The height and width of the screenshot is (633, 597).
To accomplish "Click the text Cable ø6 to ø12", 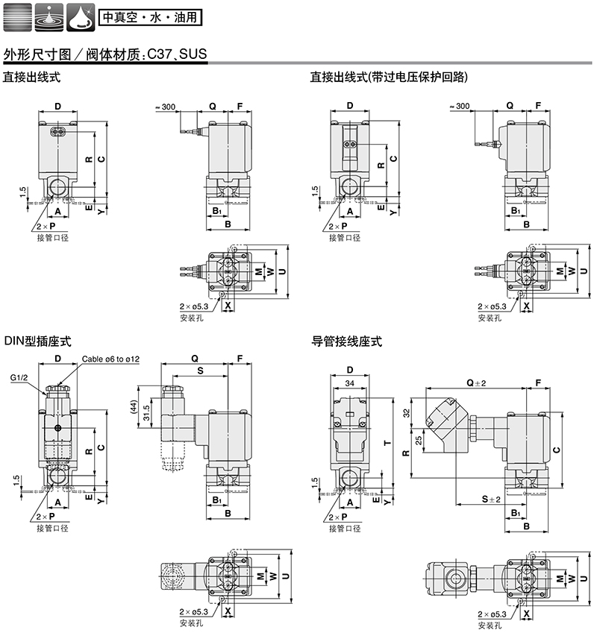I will tap(111, 359).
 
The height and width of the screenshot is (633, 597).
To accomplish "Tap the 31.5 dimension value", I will tap(146, 412).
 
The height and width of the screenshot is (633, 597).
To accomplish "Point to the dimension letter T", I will tap(385, 443).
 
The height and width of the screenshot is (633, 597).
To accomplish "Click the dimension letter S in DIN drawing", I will tap(199, 370).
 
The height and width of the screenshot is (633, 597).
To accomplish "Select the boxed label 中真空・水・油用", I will tap(149, 15).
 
